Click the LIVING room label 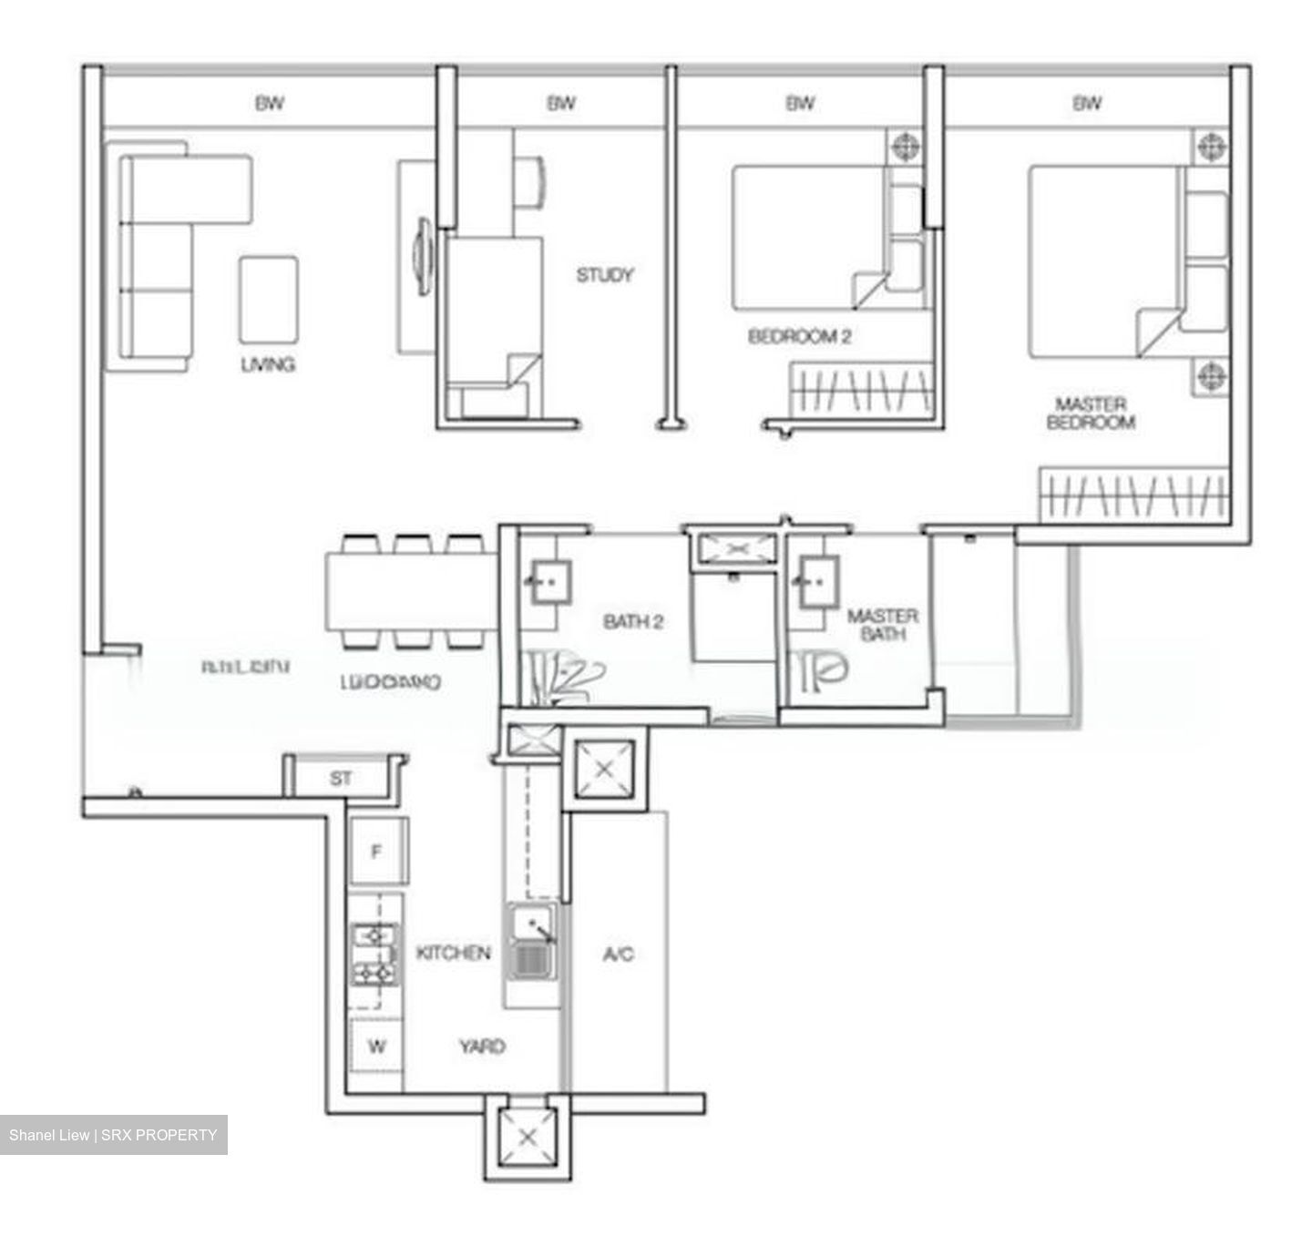[267, 364]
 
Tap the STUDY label [604, 274]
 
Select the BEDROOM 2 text [799, 336]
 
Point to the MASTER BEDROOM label [1091, 413]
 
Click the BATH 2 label [633, 622]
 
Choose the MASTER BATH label [882, 625]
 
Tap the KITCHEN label [453, 953]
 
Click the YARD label [482, 1047]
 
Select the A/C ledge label [618, 954]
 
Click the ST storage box [341, 779]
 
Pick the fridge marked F [377, 852]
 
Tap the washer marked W [376, 1047]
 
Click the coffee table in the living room [269, 300]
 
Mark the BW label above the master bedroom [1086, 103]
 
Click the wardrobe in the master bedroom [1133, 496]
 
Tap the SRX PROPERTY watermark [113, 1135]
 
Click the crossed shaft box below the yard [527, 1136]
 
